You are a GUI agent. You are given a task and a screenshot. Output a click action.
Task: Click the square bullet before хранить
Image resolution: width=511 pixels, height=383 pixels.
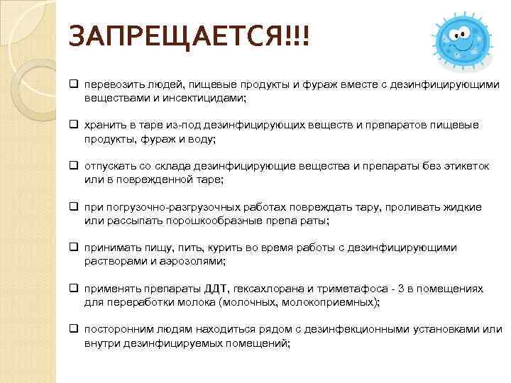pos(74,125)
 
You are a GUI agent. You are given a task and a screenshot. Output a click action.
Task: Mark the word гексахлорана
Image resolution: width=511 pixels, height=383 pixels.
pos(261,289)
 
